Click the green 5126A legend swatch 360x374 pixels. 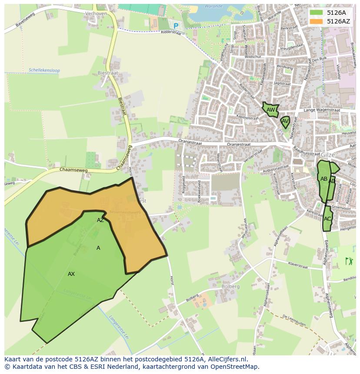coord(316,13)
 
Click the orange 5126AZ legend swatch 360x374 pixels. coord(316,21)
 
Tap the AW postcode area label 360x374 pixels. coord(270,110)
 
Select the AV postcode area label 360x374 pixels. coord(285,121)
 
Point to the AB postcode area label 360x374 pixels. coord(323,179)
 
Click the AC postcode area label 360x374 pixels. coord(327,218)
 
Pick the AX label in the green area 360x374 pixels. coord(71,274)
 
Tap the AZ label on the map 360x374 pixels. coord(100,220)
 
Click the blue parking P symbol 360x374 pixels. coord(176,26)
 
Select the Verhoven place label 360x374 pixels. coord(97,13)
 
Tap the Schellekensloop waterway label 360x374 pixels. coord(43,70)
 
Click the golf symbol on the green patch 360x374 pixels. coord(349,261)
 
